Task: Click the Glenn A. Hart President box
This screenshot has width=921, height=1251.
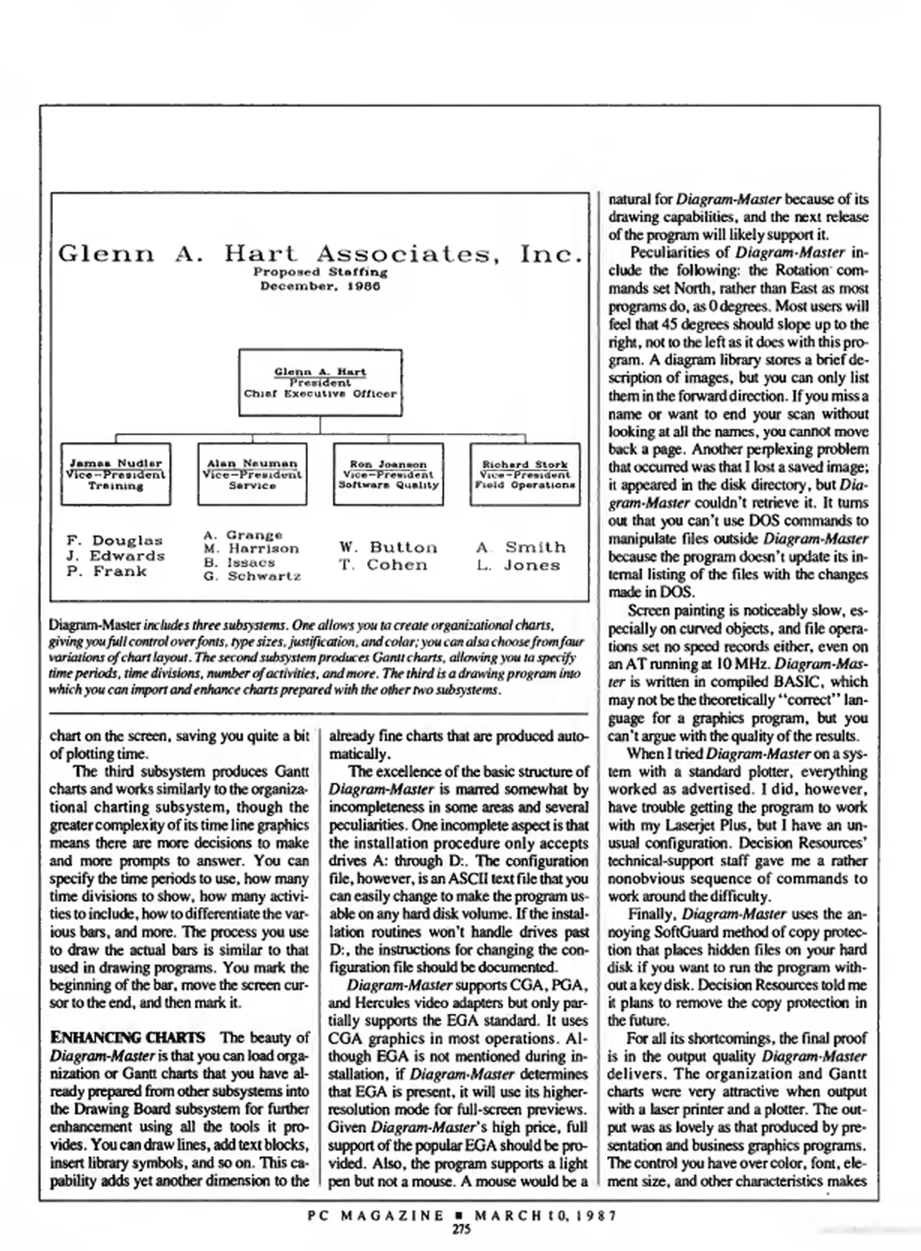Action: pos(320,382)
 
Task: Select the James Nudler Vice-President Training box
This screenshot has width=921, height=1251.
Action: pos(116,474)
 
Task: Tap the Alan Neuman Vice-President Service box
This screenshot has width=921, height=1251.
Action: pos(252,474)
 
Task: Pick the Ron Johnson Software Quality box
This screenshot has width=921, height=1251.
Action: pos(388,474)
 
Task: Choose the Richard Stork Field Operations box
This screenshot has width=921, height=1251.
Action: pos(525,474)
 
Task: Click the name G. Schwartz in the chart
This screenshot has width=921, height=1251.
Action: pos(253,576)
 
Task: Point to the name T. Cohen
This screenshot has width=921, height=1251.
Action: pos(383,565)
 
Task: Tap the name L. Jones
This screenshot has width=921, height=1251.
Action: pos(518,565)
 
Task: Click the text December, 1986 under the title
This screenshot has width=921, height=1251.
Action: pos(320,286)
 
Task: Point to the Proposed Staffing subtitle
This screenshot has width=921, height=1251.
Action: pos(320,272)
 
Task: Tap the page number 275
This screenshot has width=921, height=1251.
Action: pos(461,1229)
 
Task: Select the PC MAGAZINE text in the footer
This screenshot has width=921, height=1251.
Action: pos(376,1215)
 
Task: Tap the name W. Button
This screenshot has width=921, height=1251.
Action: pos(388,547)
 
